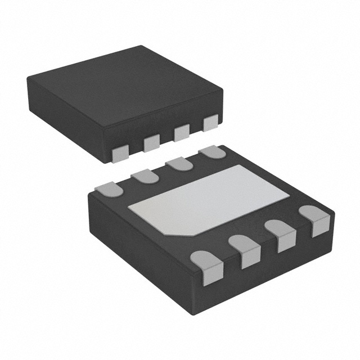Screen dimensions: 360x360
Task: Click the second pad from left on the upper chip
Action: [x=152, y=142]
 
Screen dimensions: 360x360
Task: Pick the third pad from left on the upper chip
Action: [x=181, y=133]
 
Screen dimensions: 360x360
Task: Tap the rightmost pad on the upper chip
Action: [x=210, y=123]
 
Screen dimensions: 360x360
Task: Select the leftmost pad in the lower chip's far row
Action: [x=109, y=190]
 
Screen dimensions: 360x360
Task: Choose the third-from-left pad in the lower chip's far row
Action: [x=178, y=164]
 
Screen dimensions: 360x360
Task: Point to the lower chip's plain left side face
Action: [x=143, y=247]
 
